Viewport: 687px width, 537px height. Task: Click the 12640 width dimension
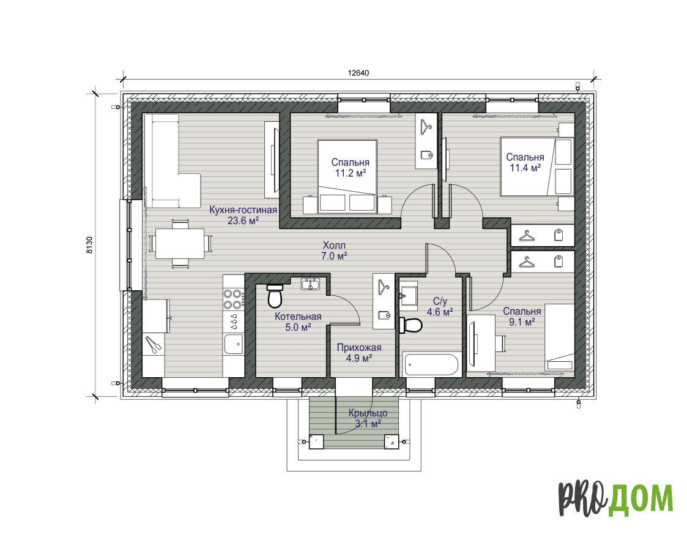[x=358, y=73]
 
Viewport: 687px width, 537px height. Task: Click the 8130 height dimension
[x=89, y=245]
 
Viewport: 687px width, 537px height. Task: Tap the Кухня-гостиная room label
[x=243, y=209]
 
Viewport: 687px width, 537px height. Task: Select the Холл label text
[x=334, y=245]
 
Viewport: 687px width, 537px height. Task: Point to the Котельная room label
[x=298, y=316]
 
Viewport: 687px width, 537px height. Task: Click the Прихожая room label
[x=359, y=348]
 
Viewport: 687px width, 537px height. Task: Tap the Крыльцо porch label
[x=368, y=413]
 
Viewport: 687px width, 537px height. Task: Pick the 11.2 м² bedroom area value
[x=351, y=173]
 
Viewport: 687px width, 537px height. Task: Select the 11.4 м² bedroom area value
[x=525, y=168]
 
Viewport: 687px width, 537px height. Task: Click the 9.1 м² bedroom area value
[x=522, y=322]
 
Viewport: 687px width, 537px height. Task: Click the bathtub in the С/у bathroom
[x=431, y=365]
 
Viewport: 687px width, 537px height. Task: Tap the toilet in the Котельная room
[x=275, y=296]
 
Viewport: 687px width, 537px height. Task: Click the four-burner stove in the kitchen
[x=233, y=299]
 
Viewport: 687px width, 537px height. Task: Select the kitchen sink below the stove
[x=233, y=344]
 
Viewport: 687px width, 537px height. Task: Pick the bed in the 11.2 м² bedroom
[x=347, y=177]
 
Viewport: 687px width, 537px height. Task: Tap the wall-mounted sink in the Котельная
[x=311, y=284]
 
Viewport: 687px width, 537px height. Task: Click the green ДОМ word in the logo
[x=641, y=499]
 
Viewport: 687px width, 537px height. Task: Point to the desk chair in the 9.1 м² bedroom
[x=501, y=344]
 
